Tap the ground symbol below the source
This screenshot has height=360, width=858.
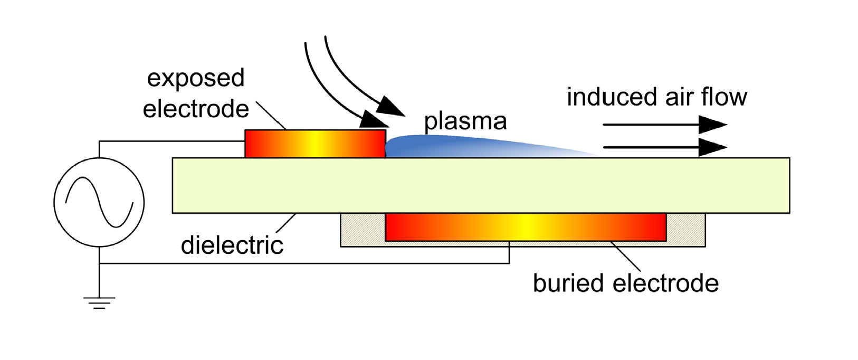99,303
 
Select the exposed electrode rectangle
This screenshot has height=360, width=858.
315,144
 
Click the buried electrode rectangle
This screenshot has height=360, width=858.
526,227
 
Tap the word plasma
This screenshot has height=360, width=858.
465,121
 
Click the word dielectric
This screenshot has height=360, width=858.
232,245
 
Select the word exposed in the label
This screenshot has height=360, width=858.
195,78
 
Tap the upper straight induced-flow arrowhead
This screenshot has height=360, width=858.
713,125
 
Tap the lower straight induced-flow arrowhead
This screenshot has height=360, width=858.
713,147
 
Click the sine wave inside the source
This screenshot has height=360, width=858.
99,202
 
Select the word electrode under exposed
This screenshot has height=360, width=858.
196,109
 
